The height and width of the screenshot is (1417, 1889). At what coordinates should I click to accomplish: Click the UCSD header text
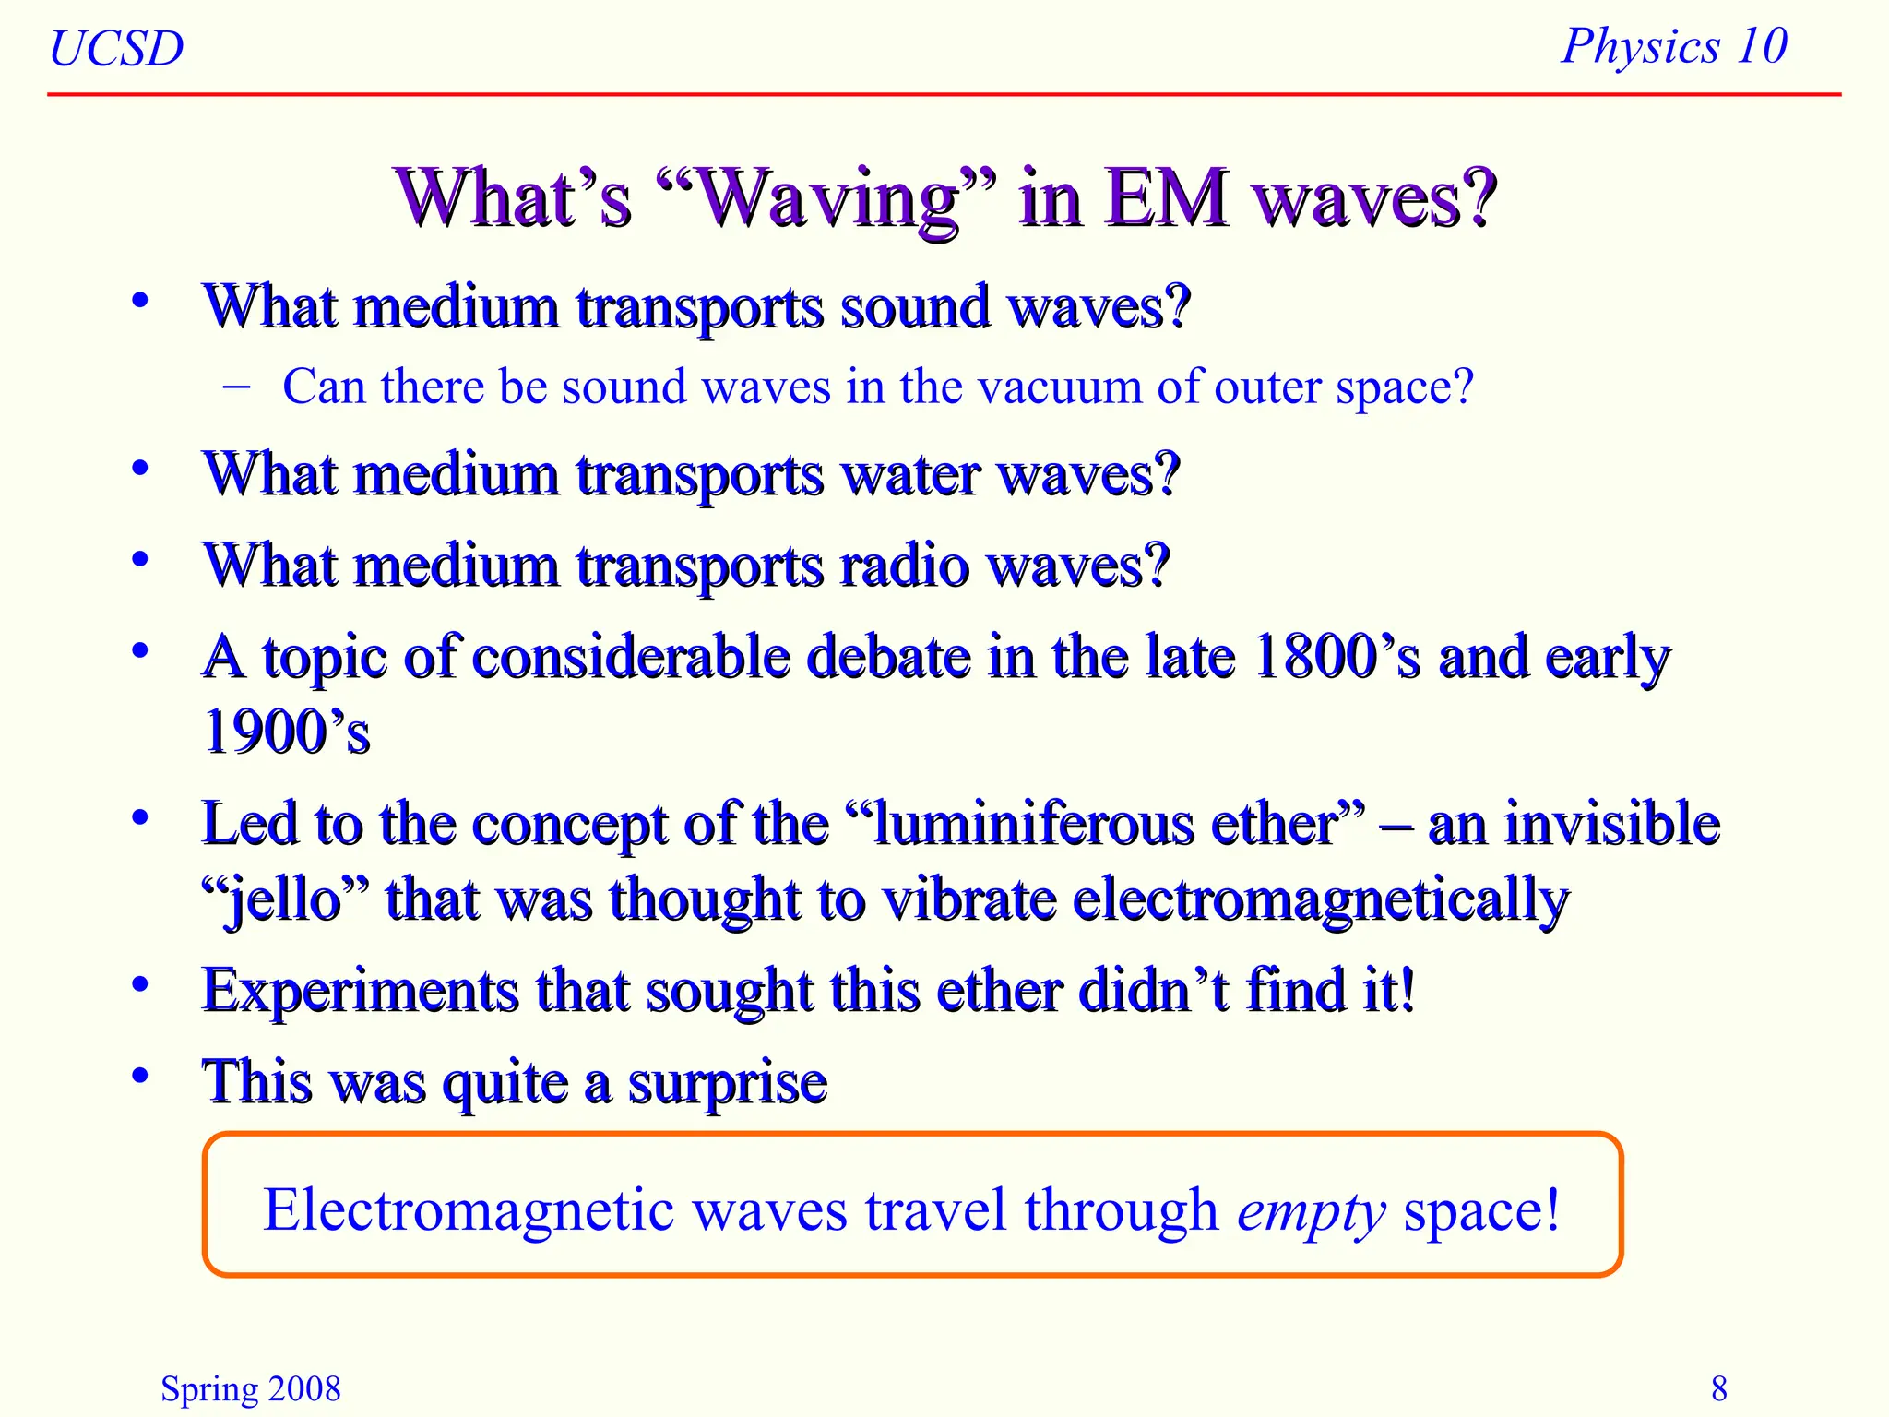pyautogui.click(x=116, y=48)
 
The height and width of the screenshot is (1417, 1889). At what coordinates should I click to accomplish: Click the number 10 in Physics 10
pyautogui.click(x=1762, y=46)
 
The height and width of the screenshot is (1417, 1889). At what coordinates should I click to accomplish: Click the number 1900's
pyautogui.click(x=286, y=732)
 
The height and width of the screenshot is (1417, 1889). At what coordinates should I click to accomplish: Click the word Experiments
pyautogui.click(x=361, y=992)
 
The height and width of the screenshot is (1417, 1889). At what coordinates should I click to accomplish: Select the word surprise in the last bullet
pyautogui.click(x=728, y=1083)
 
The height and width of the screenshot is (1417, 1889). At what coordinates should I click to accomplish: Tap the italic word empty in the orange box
pyautogui.click(x=1311, y=1211)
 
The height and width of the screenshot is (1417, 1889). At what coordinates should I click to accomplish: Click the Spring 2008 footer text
pyautogui.click(x=250, y=1388)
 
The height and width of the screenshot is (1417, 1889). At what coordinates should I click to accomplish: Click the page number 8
pyautogui.click(x=1718, y=1388)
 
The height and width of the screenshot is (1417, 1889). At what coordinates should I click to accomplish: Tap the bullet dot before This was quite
pyautogui.click(x=140, y=1076)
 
